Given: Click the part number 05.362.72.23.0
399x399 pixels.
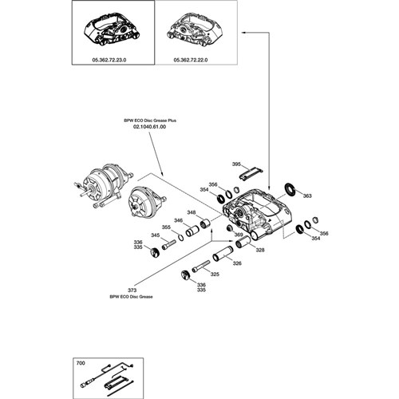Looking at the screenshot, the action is click(x=109, y=60).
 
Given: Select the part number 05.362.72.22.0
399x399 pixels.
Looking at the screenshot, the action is click(x=191, y=60).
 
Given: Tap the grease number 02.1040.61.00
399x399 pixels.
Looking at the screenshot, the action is click(x=149, y=127).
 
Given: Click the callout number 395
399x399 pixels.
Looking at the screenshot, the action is click(x=236, y=164).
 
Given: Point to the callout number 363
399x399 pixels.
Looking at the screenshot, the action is click(x=307, y=196).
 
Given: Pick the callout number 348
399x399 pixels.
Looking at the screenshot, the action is click(x=192, y=212).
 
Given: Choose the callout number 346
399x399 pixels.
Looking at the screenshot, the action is click(x=179, y=220).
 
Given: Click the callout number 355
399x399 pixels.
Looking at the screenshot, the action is click(x=166, y=227).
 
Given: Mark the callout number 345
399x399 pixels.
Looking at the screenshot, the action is click(x=156, y=235).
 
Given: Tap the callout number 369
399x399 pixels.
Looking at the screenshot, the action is click(x=239, y=235).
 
